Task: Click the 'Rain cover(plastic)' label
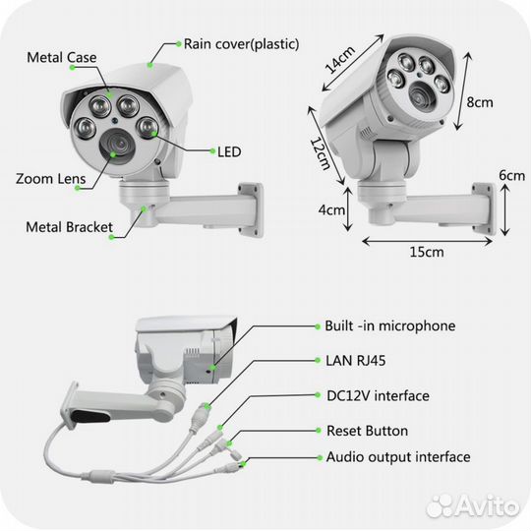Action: (x=242, y=44)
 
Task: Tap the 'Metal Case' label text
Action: (x=62, y=57)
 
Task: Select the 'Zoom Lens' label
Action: (x=50, y=178)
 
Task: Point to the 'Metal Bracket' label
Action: (x=69, y=227)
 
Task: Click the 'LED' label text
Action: (x=229, y=152)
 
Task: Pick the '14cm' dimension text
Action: (x=339, y=60)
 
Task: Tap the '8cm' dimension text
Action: (x=480, y=101)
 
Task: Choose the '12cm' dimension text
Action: (x=320, y=153)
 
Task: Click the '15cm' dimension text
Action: (x=427, y=252)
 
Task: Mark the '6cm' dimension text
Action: (x=512, y=175)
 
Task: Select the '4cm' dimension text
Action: (x=331, y=210)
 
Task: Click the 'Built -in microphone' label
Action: (x=390, y=325)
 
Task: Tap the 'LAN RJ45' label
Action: (x=356, y=361)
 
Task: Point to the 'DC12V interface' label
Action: (x=378, y=395)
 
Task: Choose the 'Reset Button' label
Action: (x=367, y=431)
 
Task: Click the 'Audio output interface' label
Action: (x=398, y=457)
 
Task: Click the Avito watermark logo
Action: (x=472, y=506)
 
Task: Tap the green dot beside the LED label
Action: (x=212, y=151)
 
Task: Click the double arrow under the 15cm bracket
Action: (x=427, y=241)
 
